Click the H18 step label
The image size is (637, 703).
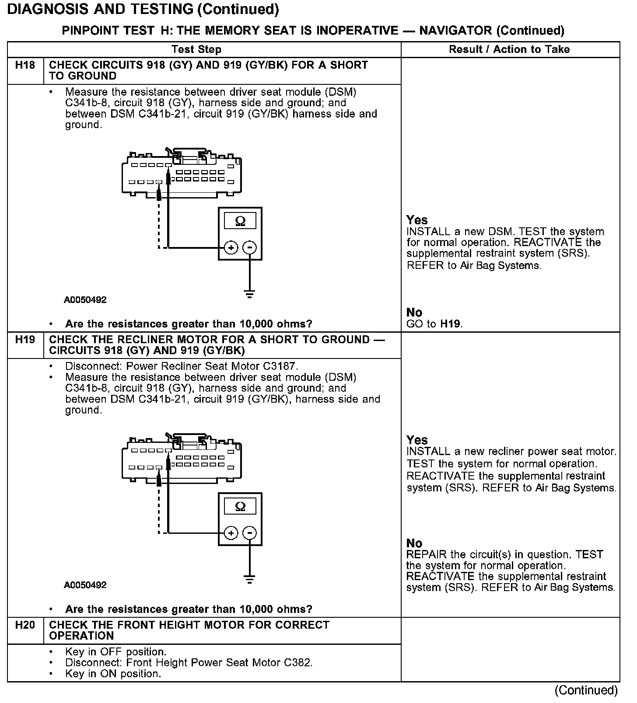(25, 66)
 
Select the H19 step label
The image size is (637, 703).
(25, 340)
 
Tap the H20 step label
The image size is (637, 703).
(25, 625)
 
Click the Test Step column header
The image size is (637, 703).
(196, 49)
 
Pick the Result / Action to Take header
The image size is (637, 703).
(509, 49)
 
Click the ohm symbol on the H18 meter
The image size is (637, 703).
(240, 221)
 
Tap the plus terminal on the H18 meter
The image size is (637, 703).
(231, 247)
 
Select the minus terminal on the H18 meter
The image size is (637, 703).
(249, 247)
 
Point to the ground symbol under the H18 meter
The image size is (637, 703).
(249, 294)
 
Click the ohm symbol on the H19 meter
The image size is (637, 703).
(240, 506)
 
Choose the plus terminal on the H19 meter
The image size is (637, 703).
(231, 533)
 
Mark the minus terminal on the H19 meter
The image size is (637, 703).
(249, 533)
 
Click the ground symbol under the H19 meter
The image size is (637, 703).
(249, 580)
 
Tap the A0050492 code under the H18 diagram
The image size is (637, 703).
(85, 300)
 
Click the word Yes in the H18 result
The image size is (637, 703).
(417, 220)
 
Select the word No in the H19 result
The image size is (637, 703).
(414, 543)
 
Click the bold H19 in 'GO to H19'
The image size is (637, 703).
(451, 324)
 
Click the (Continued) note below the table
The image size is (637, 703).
(586, 690)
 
